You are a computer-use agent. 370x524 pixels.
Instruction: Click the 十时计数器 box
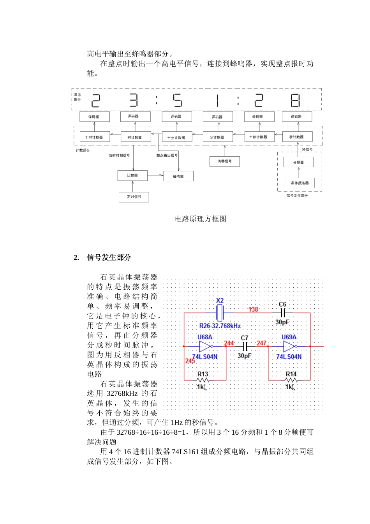point(94,137)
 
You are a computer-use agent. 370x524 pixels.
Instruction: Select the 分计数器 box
point(218,137)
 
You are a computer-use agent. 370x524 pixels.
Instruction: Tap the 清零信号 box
point(225,161)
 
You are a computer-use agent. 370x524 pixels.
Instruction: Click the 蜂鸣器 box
point(178,176)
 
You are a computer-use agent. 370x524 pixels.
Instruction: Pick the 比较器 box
point(132,175)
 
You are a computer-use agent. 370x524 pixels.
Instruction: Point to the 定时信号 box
point(134,197)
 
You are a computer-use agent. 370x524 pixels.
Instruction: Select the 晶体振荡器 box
point(300,183)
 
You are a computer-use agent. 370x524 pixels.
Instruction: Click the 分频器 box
point(299,162)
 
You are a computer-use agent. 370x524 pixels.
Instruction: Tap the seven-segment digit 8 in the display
point(296,100)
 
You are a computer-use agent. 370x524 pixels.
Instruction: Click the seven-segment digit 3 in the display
point(134,100)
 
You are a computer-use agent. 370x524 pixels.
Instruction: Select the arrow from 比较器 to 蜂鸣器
point(155,175)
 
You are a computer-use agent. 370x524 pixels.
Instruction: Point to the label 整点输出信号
point(167,155)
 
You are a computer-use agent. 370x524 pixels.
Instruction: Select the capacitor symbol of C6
point(283,313)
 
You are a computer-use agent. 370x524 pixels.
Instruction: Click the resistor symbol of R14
point(291,380)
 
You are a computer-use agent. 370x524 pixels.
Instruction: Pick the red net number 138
point(253,309)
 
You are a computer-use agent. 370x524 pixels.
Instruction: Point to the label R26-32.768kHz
point(220,326)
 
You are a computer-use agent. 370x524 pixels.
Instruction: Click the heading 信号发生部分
point(109,257)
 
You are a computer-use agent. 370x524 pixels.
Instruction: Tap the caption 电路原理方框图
point(201,219)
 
